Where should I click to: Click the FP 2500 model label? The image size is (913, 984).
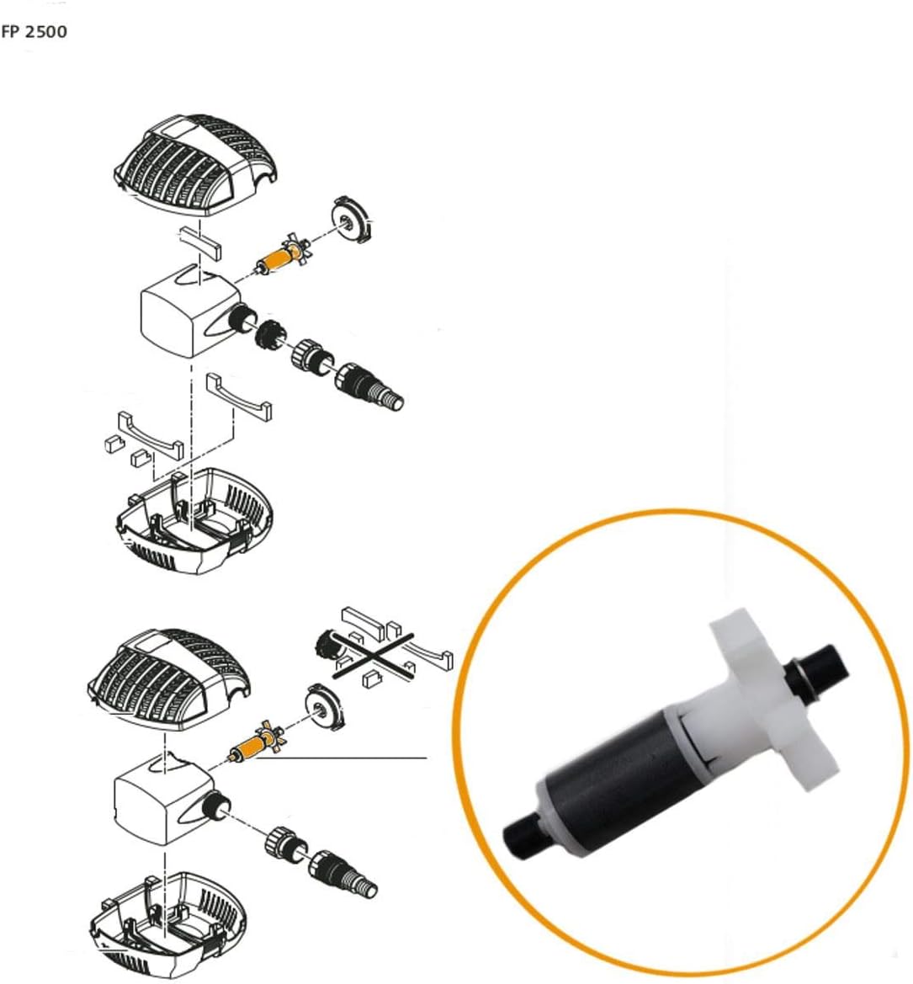point(34,31)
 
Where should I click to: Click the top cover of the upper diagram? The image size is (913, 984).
point(195,164)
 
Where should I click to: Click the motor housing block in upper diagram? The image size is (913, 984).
point(188,313)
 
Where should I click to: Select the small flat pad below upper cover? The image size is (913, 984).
point(201,243)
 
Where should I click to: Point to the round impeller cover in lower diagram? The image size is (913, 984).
point(325,708)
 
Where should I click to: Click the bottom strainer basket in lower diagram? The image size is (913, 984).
point(168,923)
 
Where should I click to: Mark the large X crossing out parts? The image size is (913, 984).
point(373,655)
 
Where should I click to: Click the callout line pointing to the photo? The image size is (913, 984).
point(342,758)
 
